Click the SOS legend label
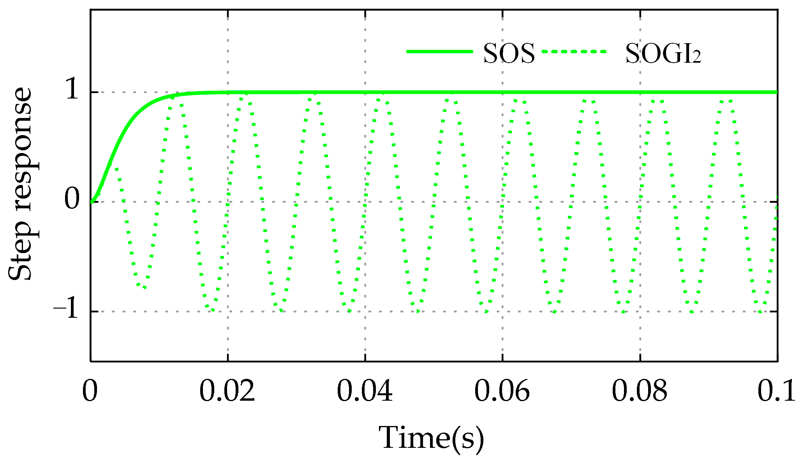tap(509, 53)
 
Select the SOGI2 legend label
tap(663, 53)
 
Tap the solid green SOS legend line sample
tap(439, 51)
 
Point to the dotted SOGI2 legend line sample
tap(574, 51)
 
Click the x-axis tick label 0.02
tap(227, 391)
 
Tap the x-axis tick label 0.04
tap(365, 391)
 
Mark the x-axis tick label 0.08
tap(639, 391)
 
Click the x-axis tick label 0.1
tap(776, 391)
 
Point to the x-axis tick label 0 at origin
tap(90, 391)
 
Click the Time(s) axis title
tap(432, 438)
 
